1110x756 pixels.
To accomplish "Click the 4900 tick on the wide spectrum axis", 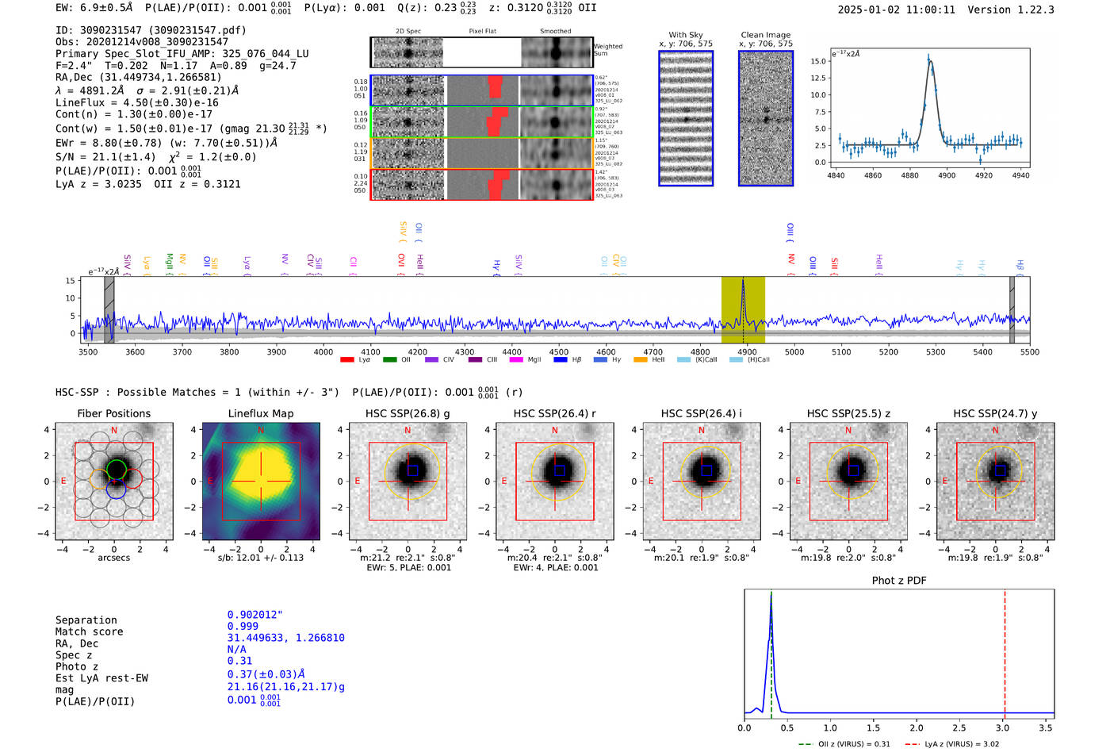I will [x=747, y=351].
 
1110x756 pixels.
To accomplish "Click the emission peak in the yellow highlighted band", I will [x=743, y=281].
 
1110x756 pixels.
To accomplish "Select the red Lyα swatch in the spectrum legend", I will [x=346, y=360].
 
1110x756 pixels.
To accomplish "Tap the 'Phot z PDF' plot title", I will [x=899, y=581].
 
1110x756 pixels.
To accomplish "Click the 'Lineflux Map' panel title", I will [x=261, y=413].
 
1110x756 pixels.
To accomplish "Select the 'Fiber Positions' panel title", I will [x=113, y=413].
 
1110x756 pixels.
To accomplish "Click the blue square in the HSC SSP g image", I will [x=412, y=470].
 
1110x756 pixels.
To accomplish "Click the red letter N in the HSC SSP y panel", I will [x=995, y=430].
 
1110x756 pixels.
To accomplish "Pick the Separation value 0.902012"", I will [x=255, y=615].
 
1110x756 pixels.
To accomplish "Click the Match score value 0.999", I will [x=243, y=626].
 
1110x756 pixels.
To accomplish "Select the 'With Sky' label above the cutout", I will [x=686, y=35].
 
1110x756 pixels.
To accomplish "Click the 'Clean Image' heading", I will [x=765, y=35].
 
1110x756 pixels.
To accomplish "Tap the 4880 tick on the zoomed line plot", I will [x=909, y=175].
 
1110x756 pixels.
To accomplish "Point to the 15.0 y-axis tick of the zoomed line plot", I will [x=819, y=61].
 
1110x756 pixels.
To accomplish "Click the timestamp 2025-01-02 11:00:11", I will [x=896, y=10].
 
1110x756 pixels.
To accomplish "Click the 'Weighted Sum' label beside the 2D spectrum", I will [x=607, y=50].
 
